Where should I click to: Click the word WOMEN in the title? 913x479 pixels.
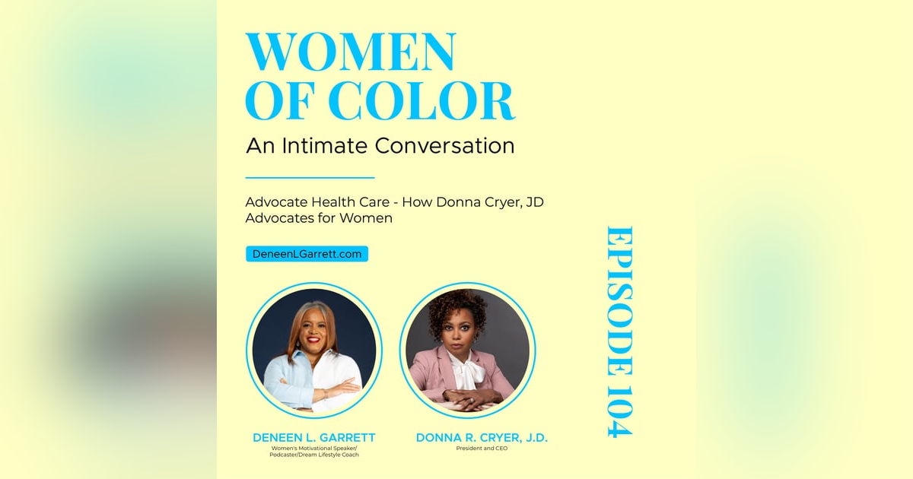click(350, 53)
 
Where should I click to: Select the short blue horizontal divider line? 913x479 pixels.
click(310, 178)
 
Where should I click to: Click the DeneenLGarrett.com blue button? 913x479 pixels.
click(307, 254)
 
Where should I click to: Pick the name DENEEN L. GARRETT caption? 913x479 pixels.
click(314, 438)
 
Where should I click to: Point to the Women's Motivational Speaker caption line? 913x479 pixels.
click(314, 448)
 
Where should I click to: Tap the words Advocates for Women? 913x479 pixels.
click(319, 219)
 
